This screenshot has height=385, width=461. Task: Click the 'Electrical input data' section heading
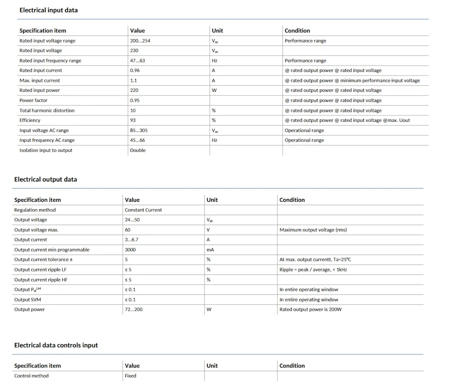[x=48, y=10]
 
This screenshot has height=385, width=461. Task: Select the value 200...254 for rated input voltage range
[x=140, y=41]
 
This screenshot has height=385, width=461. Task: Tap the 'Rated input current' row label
[x=41, y=70]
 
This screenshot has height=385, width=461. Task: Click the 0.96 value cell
[x=135, y=70]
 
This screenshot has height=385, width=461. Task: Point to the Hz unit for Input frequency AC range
[x=214, y=140]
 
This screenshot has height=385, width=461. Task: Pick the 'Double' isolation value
[x=137, y=150]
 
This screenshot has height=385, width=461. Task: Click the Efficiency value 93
[x=133, y=120]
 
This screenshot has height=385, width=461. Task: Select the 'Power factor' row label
[x=33, y=100]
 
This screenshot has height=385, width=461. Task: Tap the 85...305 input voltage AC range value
[x=139, y=130]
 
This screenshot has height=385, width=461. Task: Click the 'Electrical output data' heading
[x=46, y=179]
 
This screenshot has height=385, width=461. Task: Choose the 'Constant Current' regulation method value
[x=143, y=210]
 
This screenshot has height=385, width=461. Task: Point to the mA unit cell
[x=210, y=250]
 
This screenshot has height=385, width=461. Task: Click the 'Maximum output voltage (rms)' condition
[x=313, y=230]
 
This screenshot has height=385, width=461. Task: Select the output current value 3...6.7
[x=132, y=240]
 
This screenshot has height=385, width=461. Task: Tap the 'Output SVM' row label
[x=28, y=300]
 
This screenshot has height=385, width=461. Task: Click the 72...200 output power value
[x=134, y=309]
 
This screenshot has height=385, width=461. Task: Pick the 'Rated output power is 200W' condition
[x=310, y=309]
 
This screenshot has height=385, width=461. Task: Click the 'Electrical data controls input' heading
[x=56, y=345]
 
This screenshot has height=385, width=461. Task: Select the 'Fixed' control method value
[x=130, y=376]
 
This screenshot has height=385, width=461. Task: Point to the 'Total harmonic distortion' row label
[x=47, y=110]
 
